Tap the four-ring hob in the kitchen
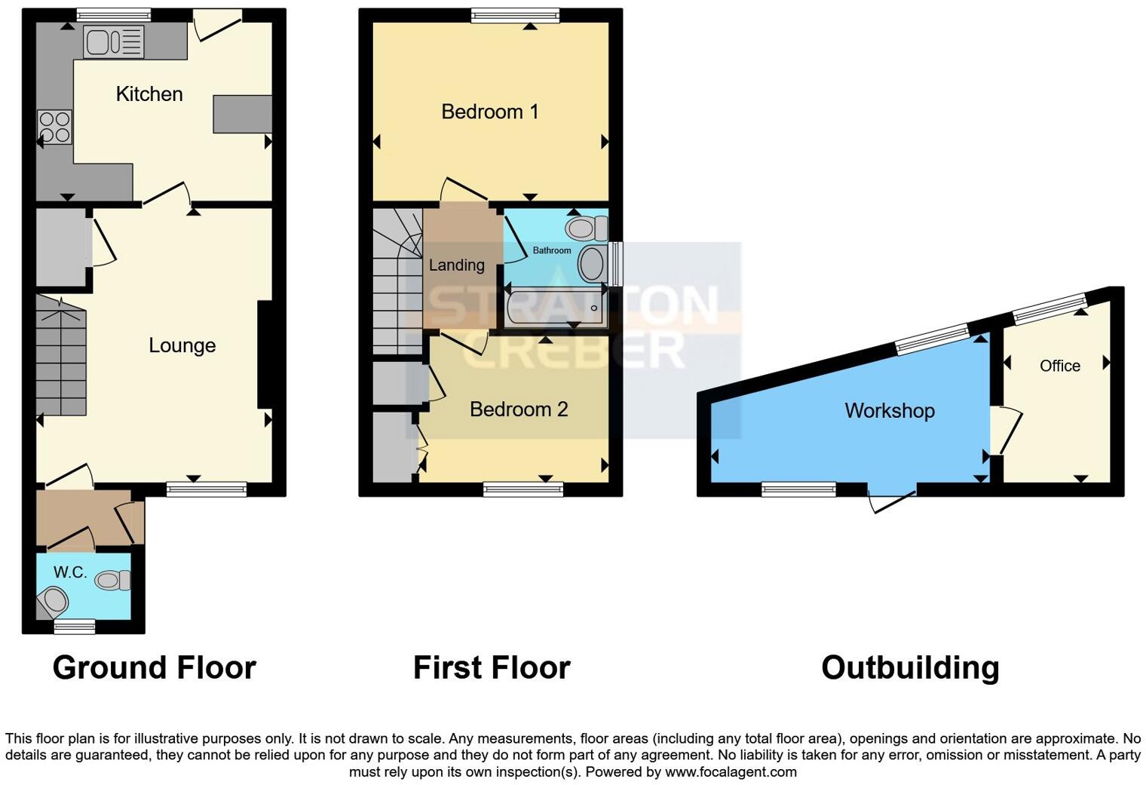(54, 127)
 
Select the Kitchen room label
(149, 94)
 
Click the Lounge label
(182, 345)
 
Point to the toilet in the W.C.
(112, 580)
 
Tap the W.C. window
(75, 625)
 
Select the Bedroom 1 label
(489, 112)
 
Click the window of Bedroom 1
(515, 15)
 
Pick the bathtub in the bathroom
(556, 308)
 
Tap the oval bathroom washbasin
(592, 265)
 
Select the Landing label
(456, 265)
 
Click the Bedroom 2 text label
(518, 409)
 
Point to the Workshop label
(889, 411)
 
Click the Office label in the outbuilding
(1059, 366)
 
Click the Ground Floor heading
(155, 668)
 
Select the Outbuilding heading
(910, 668)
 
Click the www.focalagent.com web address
(731, 772)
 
